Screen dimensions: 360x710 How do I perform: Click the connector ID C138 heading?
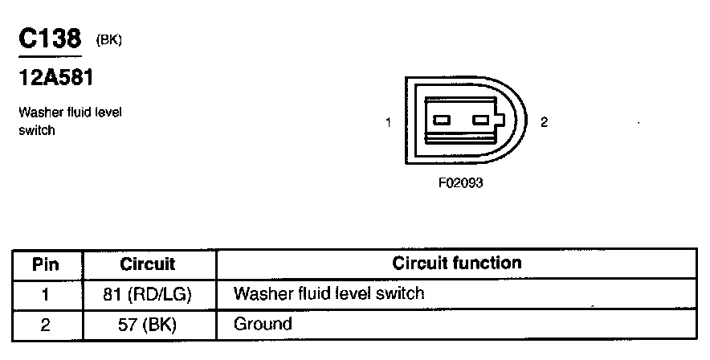(50, 39)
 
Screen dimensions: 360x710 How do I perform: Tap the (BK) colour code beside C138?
(108, 39)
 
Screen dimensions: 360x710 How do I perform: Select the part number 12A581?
(55, 79)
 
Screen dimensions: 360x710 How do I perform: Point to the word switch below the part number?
(37, 129)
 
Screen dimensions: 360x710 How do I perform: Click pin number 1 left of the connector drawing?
(388, 122)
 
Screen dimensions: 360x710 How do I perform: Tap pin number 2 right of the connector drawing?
(544, 122)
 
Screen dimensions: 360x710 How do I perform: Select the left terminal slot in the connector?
(442, 121)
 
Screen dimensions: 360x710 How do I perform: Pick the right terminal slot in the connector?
(481, 121)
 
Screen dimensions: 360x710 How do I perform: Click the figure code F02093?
(460, 182)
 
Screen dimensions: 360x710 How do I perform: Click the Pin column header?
(46, 264)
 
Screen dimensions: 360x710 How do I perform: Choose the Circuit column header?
(147, 264)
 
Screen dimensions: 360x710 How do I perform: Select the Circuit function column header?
(456, 264)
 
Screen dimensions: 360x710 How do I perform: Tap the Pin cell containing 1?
(46, 294)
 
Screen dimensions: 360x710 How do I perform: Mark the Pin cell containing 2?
(46, 325)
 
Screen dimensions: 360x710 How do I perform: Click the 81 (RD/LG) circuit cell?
(148, 294)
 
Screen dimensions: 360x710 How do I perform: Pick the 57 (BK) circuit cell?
(148, 325)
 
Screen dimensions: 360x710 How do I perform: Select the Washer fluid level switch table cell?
(328, 293)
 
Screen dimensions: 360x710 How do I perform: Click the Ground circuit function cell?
(263, 325)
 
